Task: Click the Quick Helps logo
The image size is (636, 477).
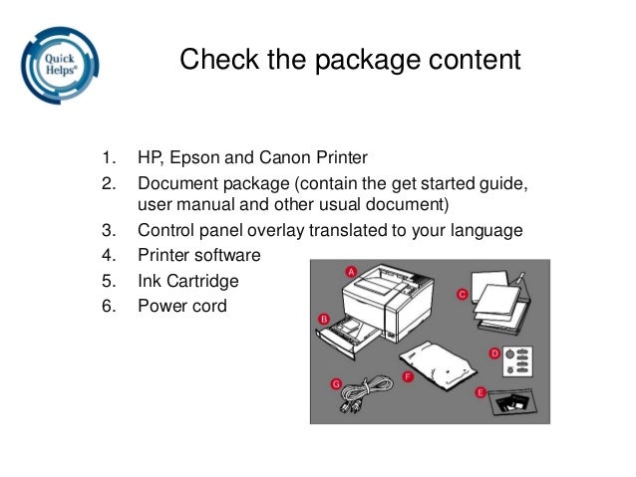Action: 59,66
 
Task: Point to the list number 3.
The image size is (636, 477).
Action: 108,231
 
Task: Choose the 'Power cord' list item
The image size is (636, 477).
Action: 181,305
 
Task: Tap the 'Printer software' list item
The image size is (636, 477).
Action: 198,256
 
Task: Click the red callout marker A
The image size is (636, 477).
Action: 351,271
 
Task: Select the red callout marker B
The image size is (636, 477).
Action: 323,318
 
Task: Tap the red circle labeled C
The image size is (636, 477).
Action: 463,294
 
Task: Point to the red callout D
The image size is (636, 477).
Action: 494,353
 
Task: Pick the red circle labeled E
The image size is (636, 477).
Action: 480,393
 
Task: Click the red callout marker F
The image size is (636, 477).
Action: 407,375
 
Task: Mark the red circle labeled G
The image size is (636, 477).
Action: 336,383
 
